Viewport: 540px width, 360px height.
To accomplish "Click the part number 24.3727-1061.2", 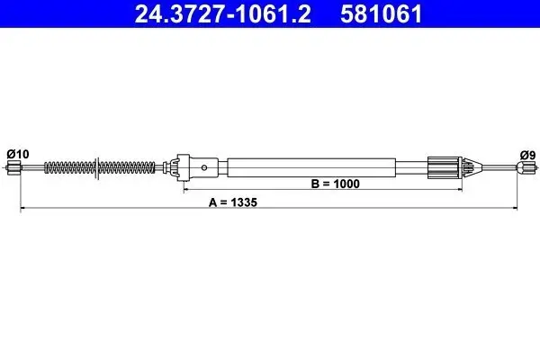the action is click(x=223, y=13).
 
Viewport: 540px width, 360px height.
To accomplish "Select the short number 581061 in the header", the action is click(x=381, y=13).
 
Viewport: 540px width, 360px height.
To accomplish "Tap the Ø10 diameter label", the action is click(x=18, y=154).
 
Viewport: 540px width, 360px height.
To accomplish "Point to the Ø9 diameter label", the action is click(x=527, y=156).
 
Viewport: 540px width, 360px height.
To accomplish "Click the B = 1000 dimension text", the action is click(x=335, y=184).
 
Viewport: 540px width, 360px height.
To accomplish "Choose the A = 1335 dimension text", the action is click(x=233, y=202).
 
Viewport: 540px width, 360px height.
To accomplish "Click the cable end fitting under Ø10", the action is click(x=13, y=167).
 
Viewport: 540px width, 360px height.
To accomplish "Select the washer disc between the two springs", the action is click(x=97, y=168).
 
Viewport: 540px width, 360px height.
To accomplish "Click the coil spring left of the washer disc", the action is click(x=69, y=167).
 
